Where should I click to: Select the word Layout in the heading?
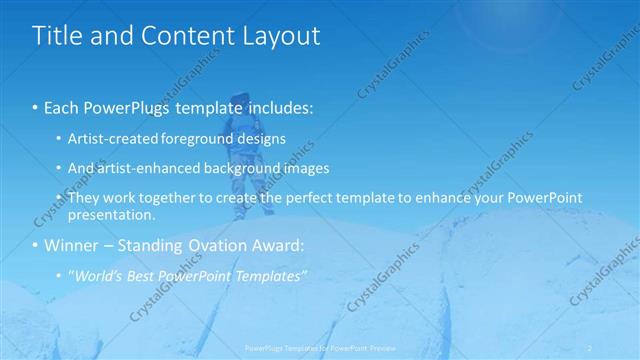[x=280, y=36]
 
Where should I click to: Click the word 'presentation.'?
[x=112, y=215]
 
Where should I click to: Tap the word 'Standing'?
[x=151, y=246]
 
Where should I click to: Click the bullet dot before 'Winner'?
[x=36, y=246]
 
